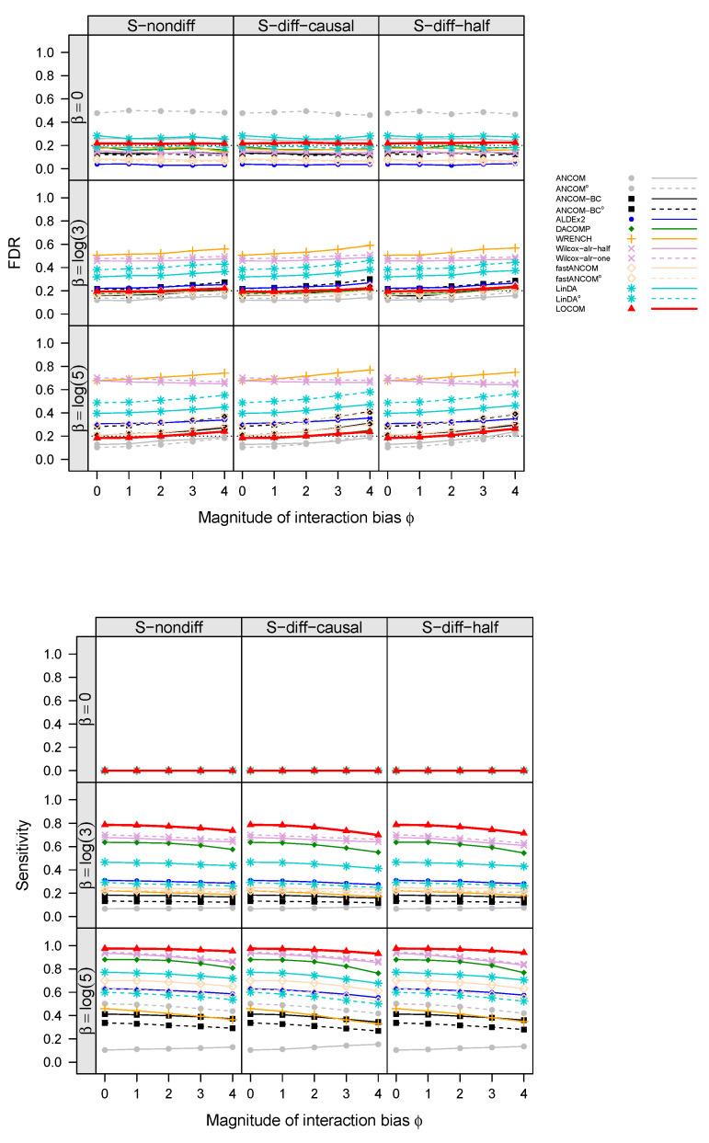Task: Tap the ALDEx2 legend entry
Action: [573, 219]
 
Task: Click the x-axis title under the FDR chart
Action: [305, 518]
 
